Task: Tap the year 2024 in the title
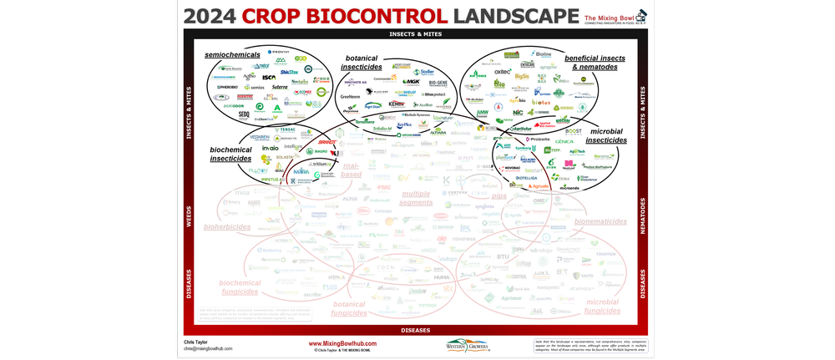pos(212,16)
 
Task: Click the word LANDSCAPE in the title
pos(513,16)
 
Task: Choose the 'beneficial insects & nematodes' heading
pos(590,62)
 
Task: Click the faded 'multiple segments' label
pos(415,197)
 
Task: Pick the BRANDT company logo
pos(327,142)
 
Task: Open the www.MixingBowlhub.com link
pos(342,342)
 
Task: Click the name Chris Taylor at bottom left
pos(196,341)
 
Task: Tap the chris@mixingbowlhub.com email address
pos(208,348)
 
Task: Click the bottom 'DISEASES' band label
pos(415,329)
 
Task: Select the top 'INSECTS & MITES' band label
pos(415,34)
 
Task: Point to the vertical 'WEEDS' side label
pos(188,215)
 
